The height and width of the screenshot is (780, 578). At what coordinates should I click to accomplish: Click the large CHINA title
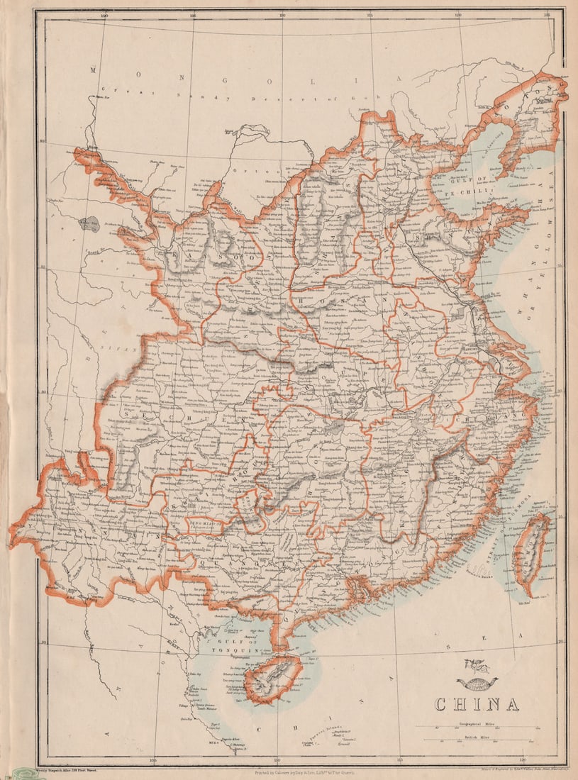pos(477,704)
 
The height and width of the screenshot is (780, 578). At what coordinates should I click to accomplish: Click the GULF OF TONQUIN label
pos(226,644)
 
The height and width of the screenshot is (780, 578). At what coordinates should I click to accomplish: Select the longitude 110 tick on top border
pos(282,14)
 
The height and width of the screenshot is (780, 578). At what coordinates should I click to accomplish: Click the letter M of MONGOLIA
pos(93,69)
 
